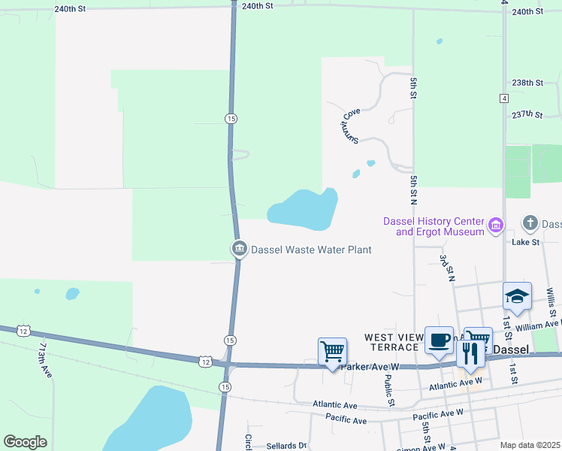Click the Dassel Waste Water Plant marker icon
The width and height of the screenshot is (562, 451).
pyautogui.click(x=239, y=248)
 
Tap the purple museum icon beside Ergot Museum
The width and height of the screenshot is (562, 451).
pyautogui.click(x=495, y=225)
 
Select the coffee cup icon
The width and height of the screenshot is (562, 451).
pyautogui.click(x=440, y=341)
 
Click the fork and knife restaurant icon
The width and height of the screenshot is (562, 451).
pyautogui.click(x=470, y=354)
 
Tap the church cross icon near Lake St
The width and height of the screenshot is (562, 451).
pyautogui.click(x=530, y=223)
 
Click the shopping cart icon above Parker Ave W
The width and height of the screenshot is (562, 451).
pyautogui.click(x=332, y=351)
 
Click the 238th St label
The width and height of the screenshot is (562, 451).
pyautogui.click(x=527, y=83)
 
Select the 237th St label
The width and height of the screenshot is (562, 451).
pyautogui.click(x=527, y=114)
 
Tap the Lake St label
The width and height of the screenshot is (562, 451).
pyautogui.click(x=525, y=242)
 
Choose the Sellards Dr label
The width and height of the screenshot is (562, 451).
pyautogui.click(x=287, y=446)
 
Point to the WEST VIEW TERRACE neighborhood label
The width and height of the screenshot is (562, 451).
pyautogui.click(x=391, y=343)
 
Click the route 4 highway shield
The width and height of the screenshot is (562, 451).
pyautogui.click(x=503, y=98)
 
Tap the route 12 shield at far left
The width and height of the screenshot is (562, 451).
pyautogui.click(x=24, y=331)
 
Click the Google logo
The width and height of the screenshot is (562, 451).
pyautogui.click(x=25, y=442)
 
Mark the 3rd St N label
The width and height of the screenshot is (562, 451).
pyautogui.click(x=448, y=268)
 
